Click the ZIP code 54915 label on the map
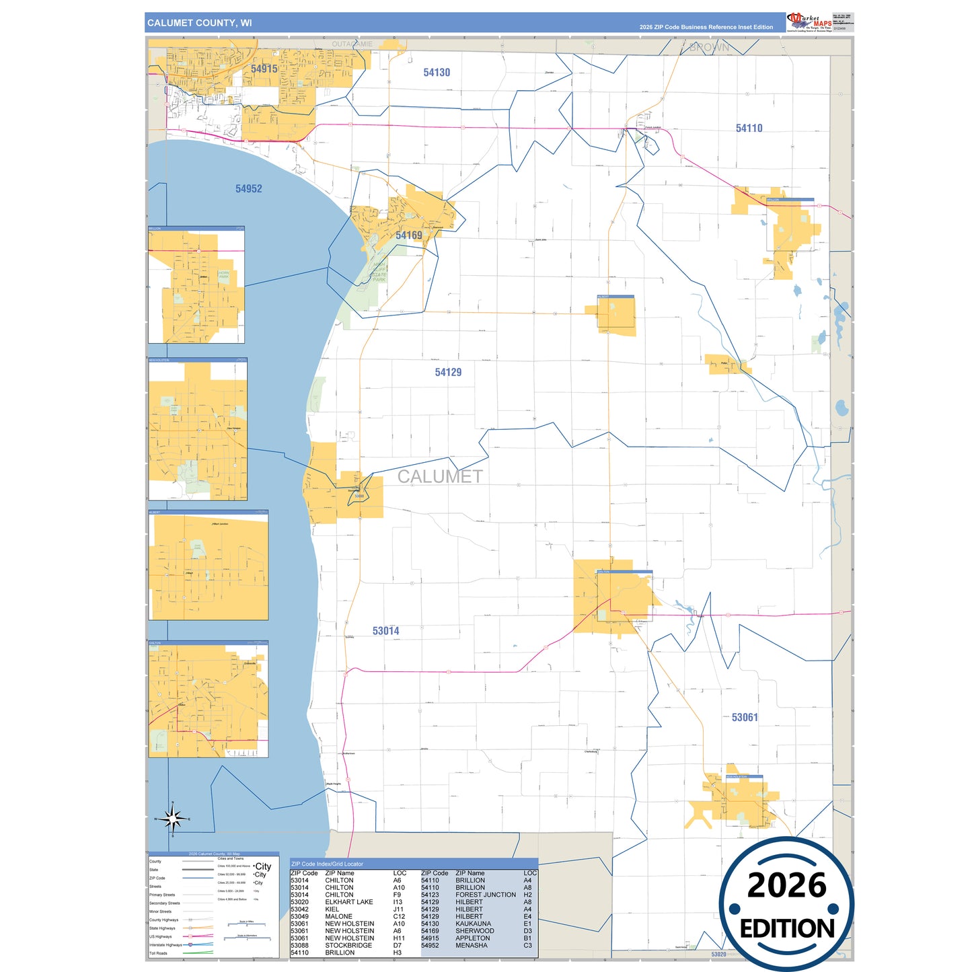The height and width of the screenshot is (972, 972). click(x=264, y=69)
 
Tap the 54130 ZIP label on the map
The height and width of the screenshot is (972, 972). click(x=437, y=73)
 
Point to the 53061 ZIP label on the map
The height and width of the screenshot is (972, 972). click(x=745, y=717)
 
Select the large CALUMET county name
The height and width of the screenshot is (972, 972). click(x=440, y=476)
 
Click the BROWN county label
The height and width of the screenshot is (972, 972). click(x=709, y=47)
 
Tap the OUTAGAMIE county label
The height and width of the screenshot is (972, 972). click(x=352, y=44)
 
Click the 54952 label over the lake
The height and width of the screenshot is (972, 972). click(x=248, y=189)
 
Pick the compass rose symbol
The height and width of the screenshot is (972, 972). click(x=173, y=819)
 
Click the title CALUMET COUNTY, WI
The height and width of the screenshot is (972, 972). click(x=200, y=23)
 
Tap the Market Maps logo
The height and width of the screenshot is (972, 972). click(x=809, y=22)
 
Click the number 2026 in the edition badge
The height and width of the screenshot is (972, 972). click(x=786, y=885)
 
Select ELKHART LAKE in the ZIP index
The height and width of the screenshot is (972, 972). click(x=348, y=902)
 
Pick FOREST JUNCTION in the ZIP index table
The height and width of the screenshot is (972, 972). click(x=485, y=895)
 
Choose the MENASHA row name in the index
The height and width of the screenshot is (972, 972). click(x=471, y=946)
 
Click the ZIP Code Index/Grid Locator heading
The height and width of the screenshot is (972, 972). click(x=327, y=864)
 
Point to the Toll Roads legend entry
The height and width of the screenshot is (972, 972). click(x=158, y=953)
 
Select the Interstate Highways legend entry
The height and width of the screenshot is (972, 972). click(x=165, y=945)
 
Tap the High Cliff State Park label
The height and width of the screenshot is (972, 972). click(x=379, y=272)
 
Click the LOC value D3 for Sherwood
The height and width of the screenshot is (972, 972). click(x=527, y=931)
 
